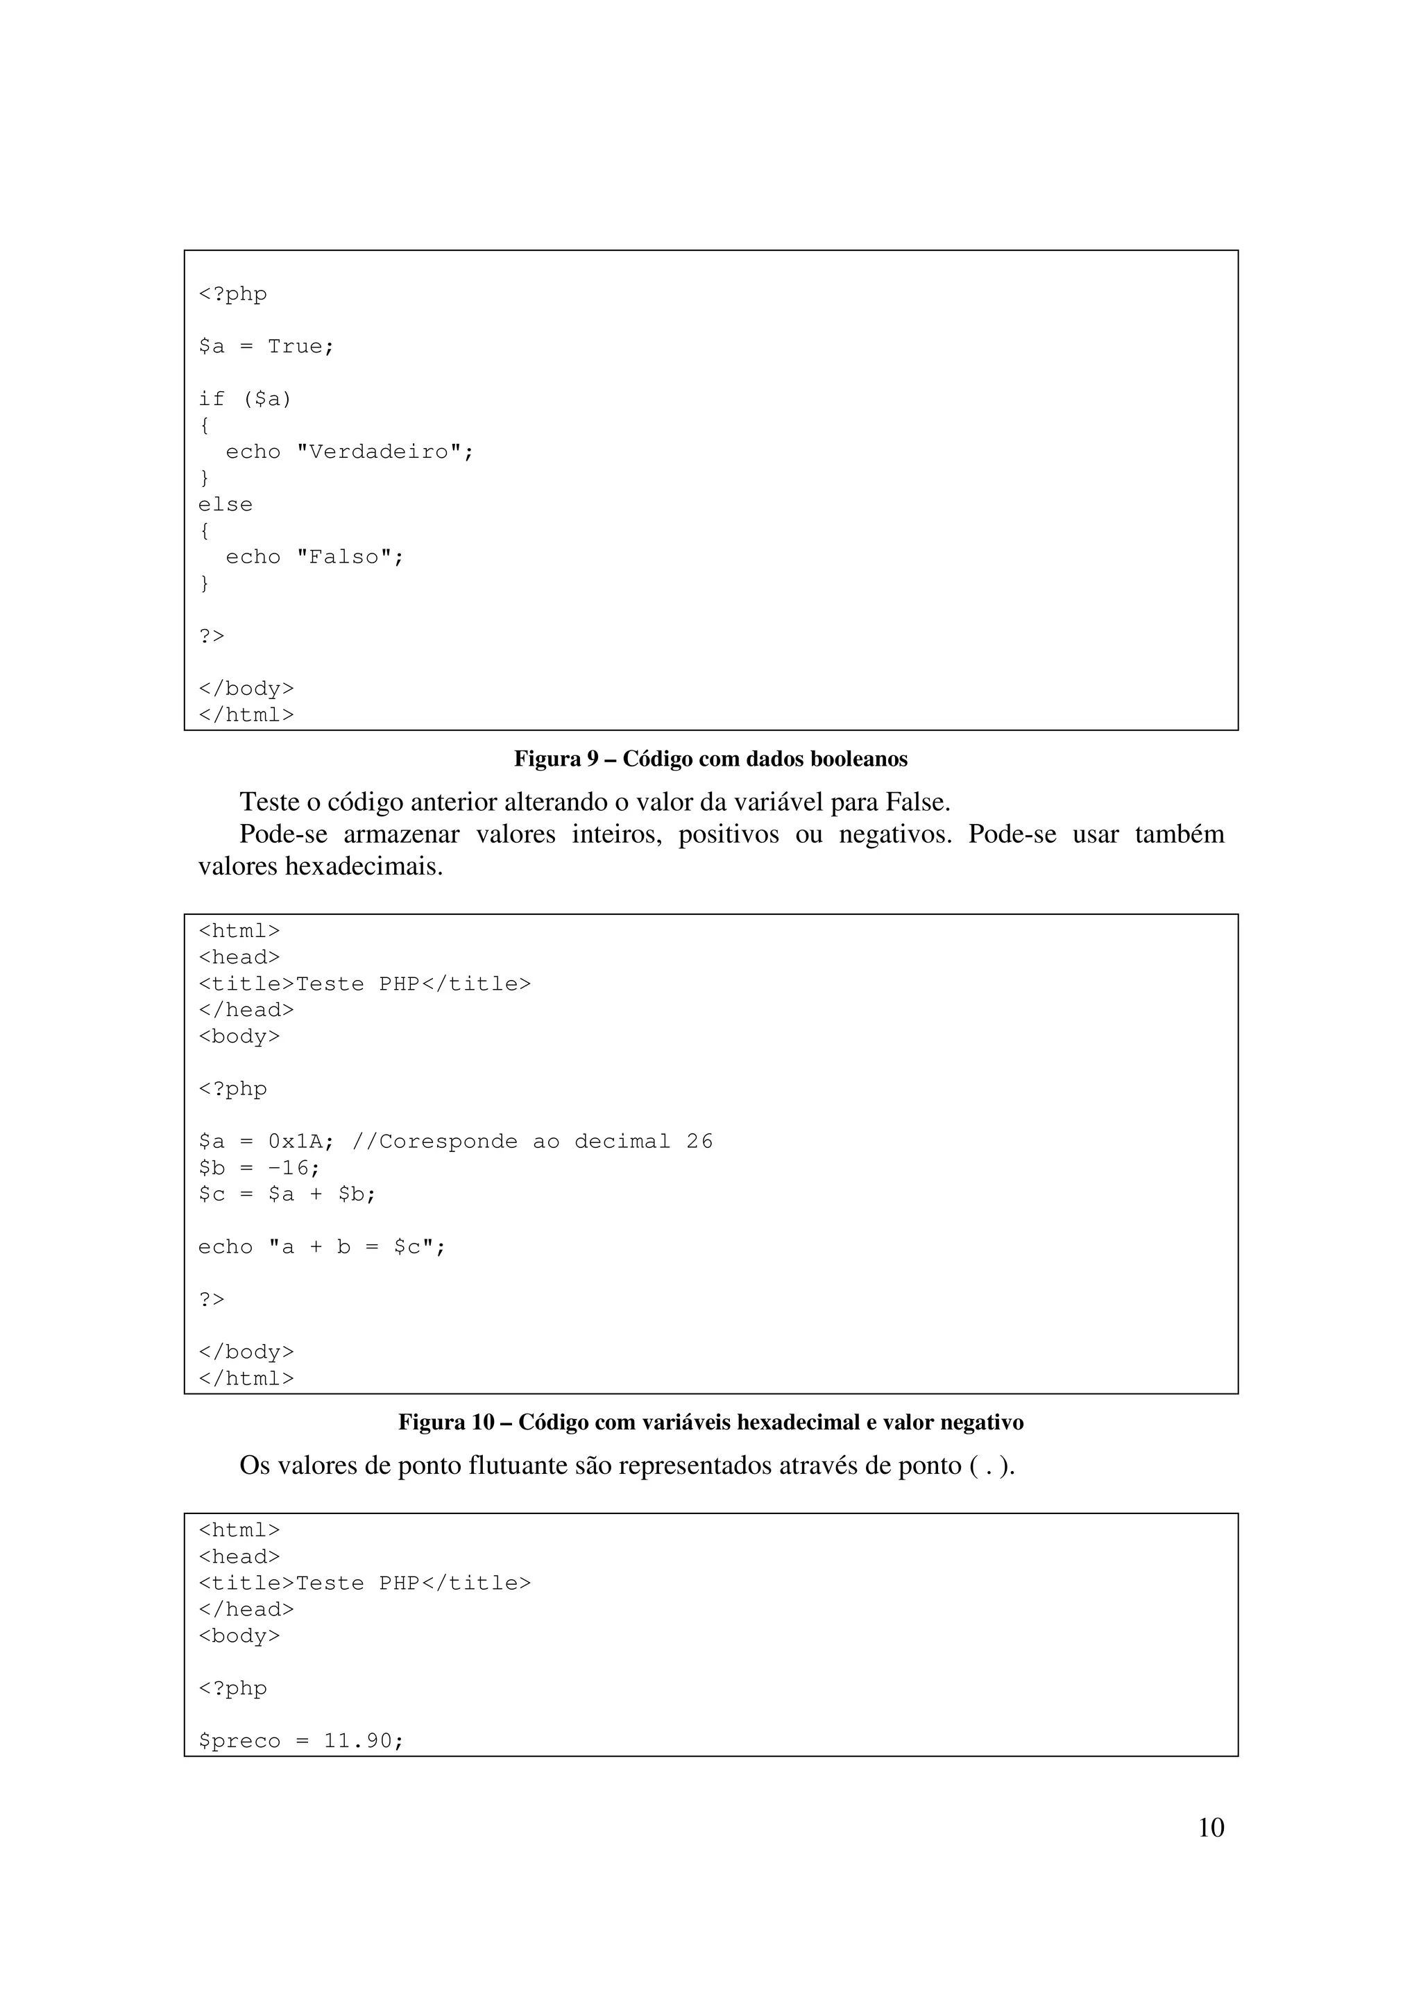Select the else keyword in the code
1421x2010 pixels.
pos(225,504)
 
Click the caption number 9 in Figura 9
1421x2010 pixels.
pos(591,759)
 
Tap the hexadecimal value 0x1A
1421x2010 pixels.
pos(296,1142)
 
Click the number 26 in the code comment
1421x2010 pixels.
pos(699,1142)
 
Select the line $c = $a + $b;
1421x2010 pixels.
pos(287,1194)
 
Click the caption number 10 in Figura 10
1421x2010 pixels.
pos(482,1423)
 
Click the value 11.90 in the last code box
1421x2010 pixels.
pos(358,1740)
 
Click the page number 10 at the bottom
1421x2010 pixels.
pos(1210,1828)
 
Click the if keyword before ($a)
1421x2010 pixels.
pos(211,400)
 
